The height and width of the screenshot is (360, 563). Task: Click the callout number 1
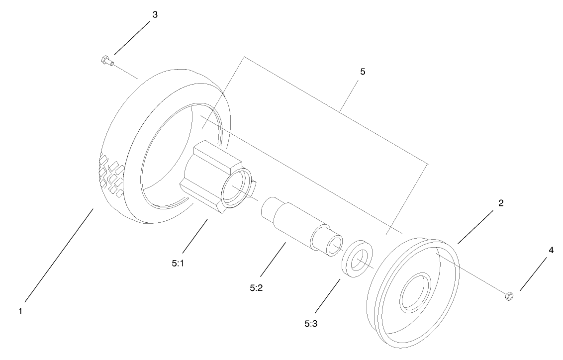coord(20,311)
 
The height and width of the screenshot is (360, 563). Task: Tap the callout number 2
coord(501,203)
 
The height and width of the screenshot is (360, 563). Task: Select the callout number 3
coord(155,15)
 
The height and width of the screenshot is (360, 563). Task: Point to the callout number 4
coord(551,251)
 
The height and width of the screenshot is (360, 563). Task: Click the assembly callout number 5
coord(363,72)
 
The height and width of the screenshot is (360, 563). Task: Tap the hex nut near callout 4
coord(509,296)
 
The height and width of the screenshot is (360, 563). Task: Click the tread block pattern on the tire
coord(110,174)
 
